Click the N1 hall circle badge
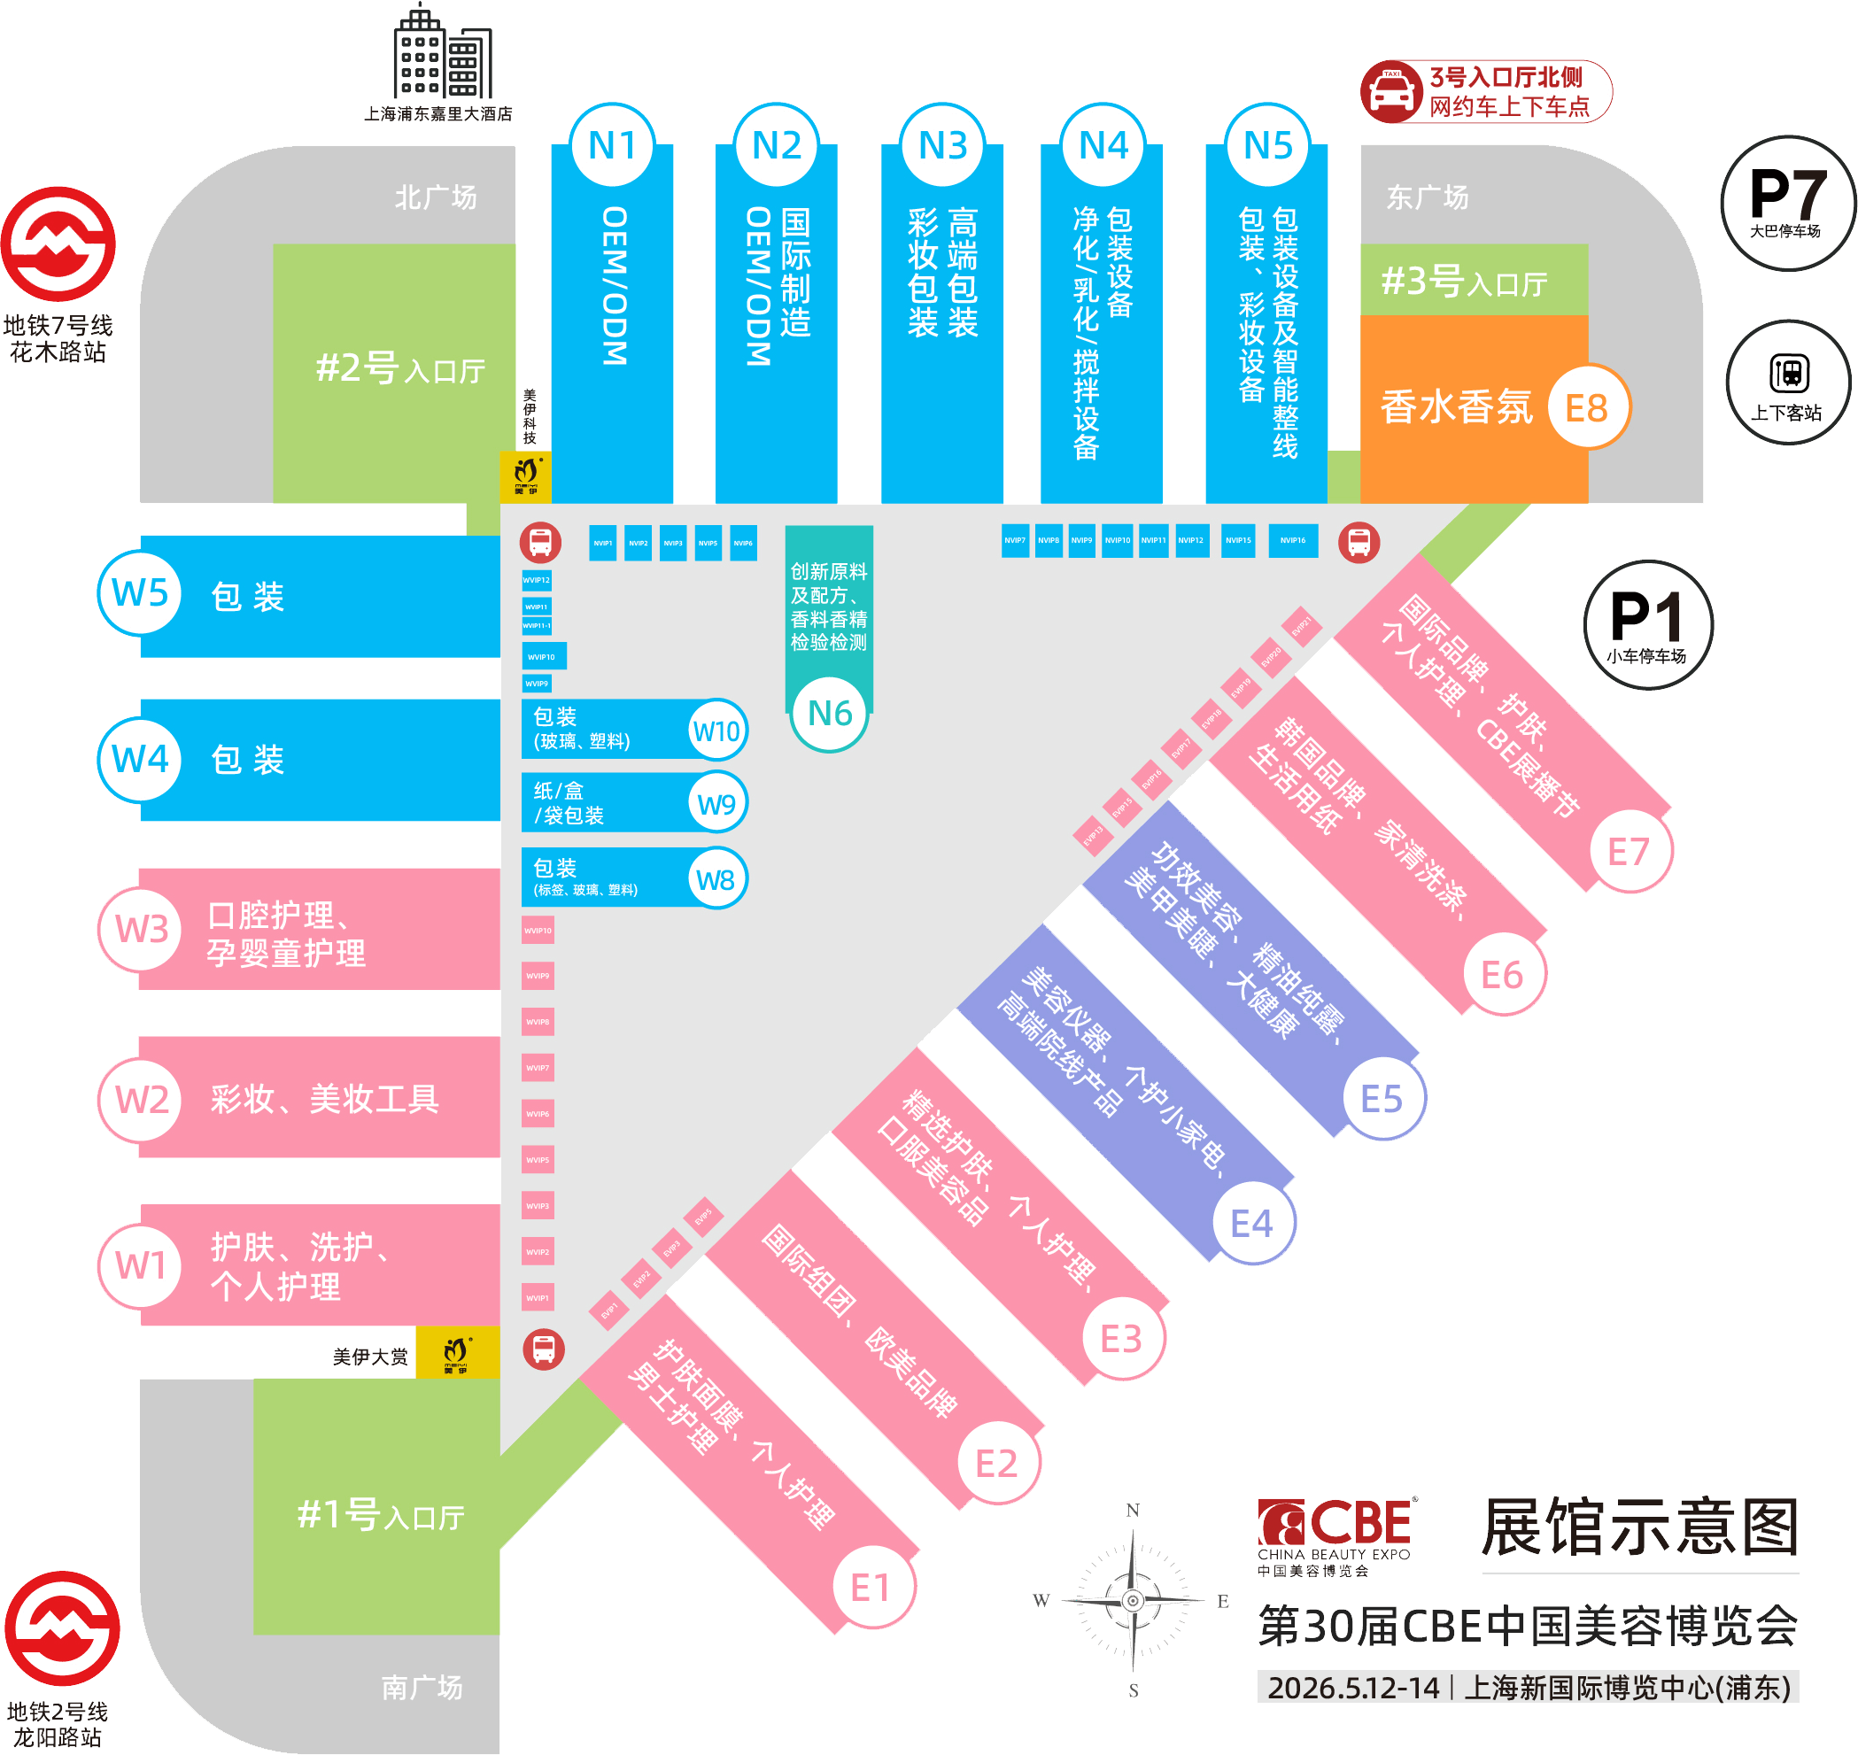(612, 146)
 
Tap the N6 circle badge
(830, 714)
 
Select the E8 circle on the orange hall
(1587, 408)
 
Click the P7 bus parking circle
(1787, 203)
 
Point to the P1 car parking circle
(1646, 624)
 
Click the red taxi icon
(1391, 92)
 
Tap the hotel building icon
(440, 53)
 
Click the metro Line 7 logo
(58, 244)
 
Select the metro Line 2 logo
(62, 1628)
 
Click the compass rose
(1132, 1600)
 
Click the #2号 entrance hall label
(400, 368)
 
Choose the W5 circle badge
(139, 593)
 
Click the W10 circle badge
(716, 731)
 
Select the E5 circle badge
(1381, 1098)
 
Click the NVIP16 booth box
(1293, 541)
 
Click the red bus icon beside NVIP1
(541, 542)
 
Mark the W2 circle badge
(142, 1099)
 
